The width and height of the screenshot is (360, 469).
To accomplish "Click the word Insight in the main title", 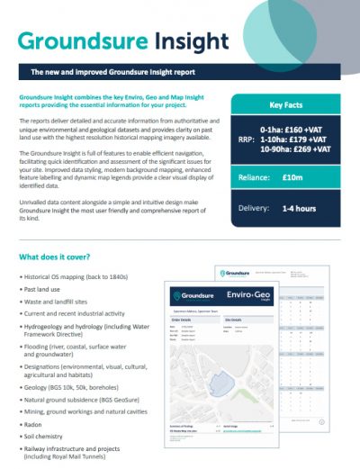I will point(188,41).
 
